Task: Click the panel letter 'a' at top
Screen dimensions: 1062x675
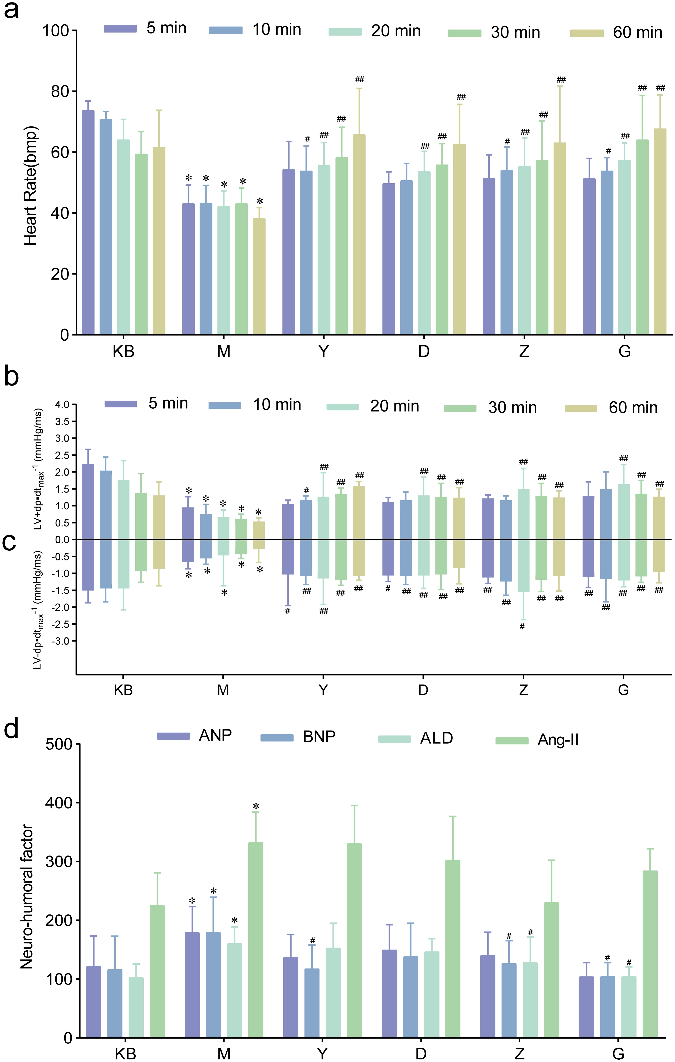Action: (11, 10)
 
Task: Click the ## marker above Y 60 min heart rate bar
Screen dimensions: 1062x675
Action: (359, 79)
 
